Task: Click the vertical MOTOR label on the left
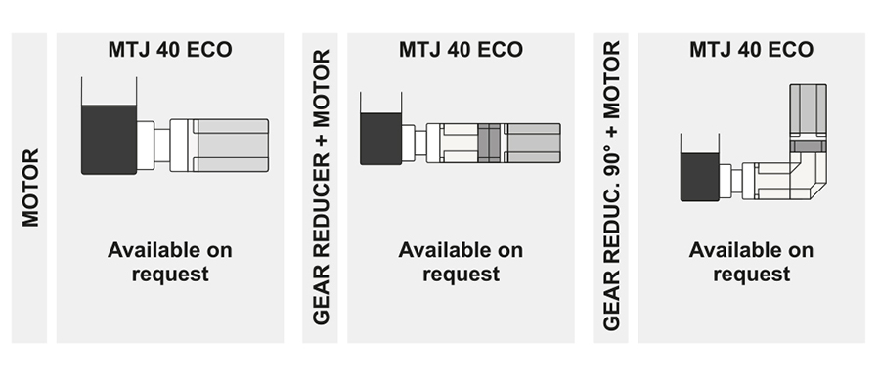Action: pos(30,188)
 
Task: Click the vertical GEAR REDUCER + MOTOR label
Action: pos(322,188)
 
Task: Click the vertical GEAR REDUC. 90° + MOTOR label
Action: pos(612,188)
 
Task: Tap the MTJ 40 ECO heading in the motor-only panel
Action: pos(171,49)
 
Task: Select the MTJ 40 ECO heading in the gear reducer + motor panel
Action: pos(461,49)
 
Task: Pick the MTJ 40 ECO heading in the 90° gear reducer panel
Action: pos(751,49)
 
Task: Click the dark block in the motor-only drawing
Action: pos(109,139)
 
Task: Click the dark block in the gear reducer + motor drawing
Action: pos(381,138)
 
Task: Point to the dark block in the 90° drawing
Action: pos(700,178)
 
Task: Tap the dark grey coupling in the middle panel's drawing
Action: pos(490,144)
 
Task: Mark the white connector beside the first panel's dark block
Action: pos(147,145)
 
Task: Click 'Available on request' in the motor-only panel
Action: pos(171,262)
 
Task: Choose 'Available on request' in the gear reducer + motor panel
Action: pos(461,262)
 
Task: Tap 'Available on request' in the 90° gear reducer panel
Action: pos(751,262)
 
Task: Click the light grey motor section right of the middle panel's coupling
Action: pos(531,144)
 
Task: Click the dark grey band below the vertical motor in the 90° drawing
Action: pos(809,147)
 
